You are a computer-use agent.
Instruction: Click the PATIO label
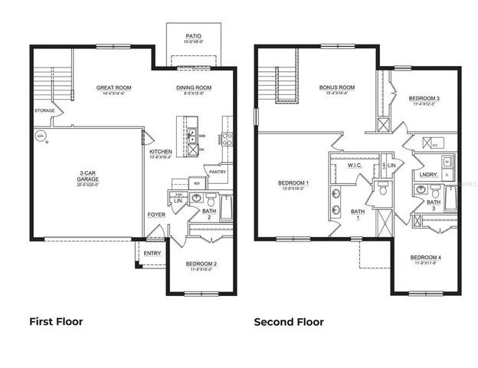coord(193,36)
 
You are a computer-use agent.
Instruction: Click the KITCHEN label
coord(161,153)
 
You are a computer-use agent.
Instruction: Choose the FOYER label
coord(156,215)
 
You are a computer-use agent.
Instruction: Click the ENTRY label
coord(152,252)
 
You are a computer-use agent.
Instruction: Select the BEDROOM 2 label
coord(201,264)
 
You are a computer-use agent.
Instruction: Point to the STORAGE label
coord(44,110)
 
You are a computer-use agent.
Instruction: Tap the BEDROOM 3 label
coord(423,99)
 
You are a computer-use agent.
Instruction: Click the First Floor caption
coord(56,322)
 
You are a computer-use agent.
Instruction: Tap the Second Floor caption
coord(289,322)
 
